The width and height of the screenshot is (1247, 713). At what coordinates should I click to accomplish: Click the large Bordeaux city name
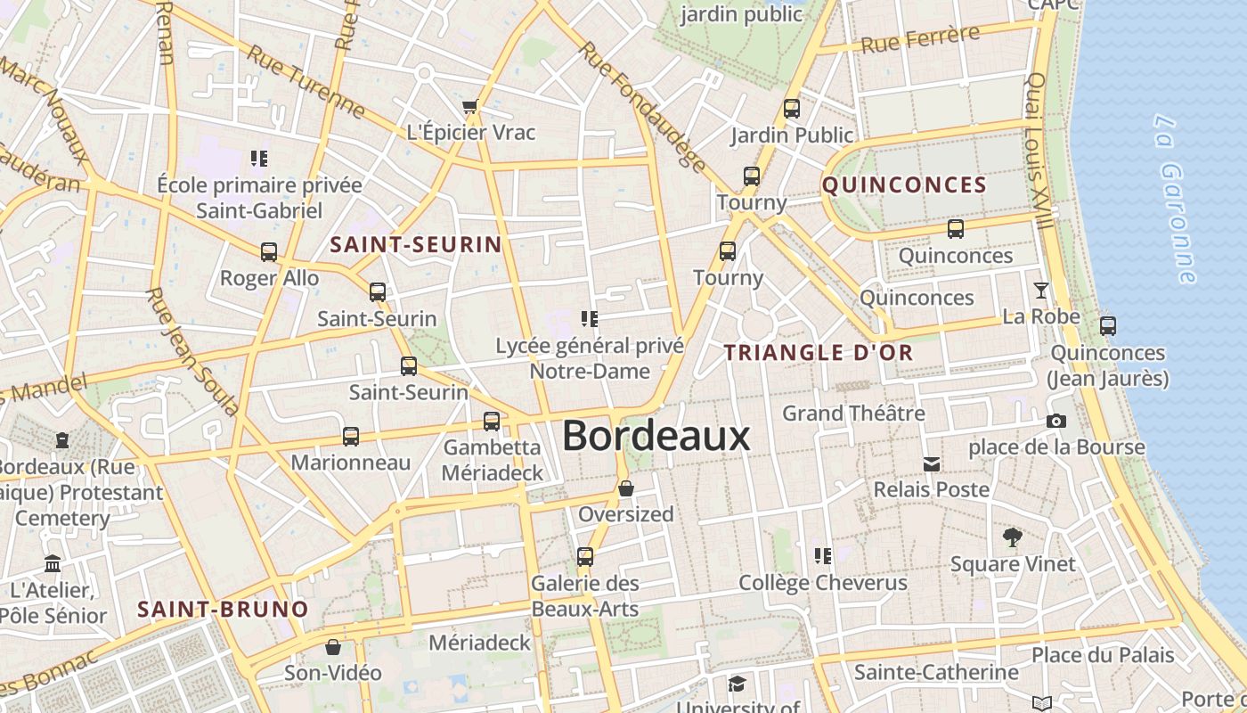pos(656,437)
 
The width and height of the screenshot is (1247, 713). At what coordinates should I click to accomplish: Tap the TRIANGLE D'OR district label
pos(819,353)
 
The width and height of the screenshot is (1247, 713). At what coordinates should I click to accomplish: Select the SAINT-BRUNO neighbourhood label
pos(223,610)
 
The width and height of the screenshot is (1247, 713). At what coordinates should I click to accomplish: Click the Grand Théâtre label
pos(853,414)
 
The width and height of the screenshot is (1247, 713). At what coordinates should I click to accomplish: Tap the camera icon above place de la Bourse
pos(1056,421)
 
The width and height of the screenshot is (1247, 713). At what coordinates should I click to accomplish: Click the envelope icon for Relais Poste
pos(932,463)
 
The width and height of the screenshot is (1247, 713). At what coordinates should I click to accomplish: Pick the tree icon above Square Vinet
pos(1012,537)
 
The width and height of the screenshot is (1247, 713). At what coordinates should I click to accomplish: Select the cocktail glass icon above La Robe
pos(1040,291)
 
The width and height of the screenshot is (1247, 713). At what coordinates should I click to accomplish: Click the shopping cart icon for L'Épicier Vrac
pos(470,107)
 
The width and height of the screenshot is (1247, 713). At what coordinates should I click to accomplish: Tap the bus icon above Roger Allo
pos(269,252)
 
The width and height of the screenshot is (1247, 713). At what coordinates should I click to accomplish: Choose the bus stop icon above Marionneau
pos(351,437)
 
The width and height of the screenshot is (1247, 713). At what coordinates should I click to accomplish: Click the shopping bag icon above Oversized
pos(626,488)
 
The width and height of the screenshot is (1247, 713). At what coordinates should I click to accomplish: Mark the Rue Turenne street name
pos(306,80)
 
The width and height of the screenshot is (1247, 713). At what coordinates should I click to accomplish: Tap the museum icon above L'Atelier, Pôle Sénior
pos(53,564)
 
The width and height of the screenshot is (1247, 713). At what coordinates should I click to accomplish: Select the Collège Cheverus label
pos(823,583)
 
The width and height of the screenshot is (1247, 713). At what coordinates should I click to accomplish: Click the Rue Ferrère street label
pos(919,40)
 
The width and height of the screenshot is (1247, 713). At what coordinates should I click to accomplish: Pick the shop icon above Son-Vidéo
pos(333,647)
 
